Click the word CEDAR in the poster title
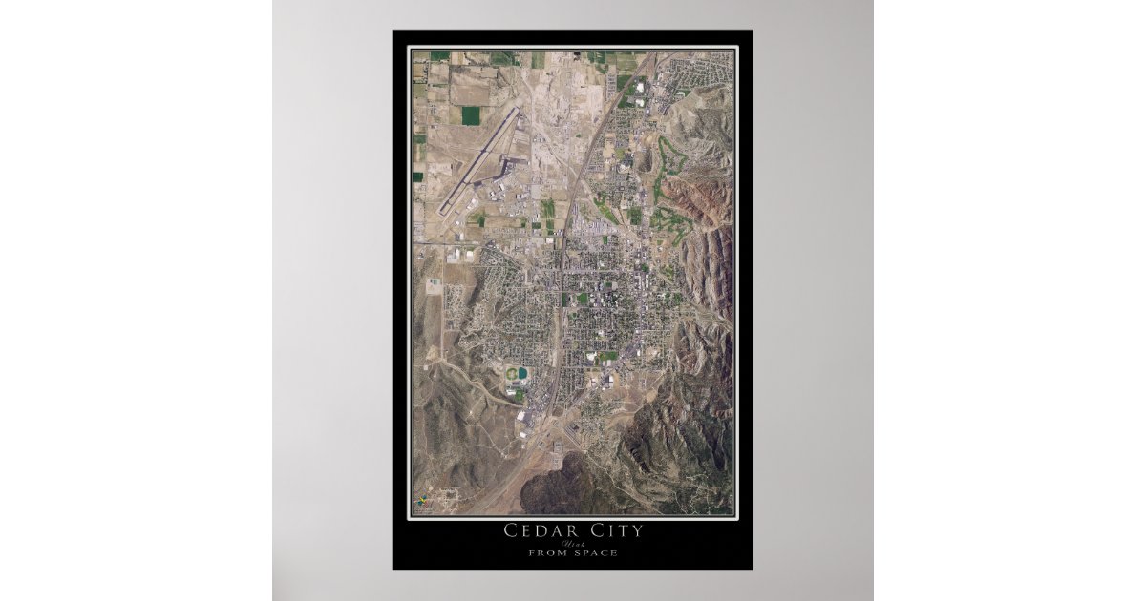[x=541, y=530]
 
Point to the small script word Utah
[x=572, y=543]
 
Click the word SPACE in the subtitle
[x=597, y=553]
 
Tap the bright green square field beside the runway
[x=471, y=114]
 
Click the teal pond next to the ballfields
[x=521, y=373]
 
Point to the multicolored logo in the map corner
[x=419, y=501]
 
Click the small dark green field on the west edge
[x=417, y=176]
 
